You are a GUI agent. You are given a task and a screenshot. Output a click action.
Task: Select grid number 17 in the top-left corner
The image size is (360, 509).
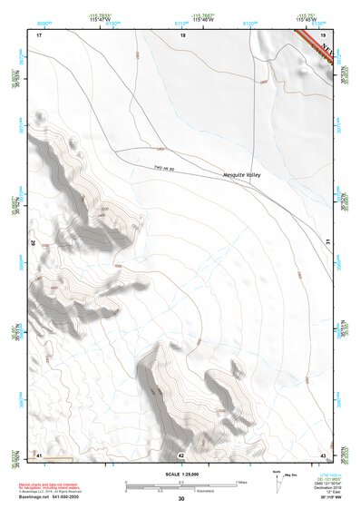tap(39, 34)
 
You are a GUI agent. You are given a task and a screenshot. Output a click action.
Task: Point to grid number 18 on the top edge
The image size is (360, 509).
tap(182, 34)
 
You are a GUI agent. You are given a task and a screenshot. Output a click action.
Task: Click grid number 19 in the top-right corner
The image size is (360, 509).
tap(323, 34)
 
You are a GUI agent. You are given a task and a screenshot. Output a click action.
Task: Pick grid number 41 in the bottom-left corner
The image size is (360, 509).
tap(39, 454)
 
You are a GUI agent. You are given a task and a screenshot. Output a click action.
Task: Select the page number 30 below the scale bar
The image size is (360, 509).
tap(181, 499)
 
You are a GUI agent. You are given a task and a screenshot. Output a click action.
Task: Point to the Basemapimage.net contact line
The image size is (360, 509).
tap(53, 500)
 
